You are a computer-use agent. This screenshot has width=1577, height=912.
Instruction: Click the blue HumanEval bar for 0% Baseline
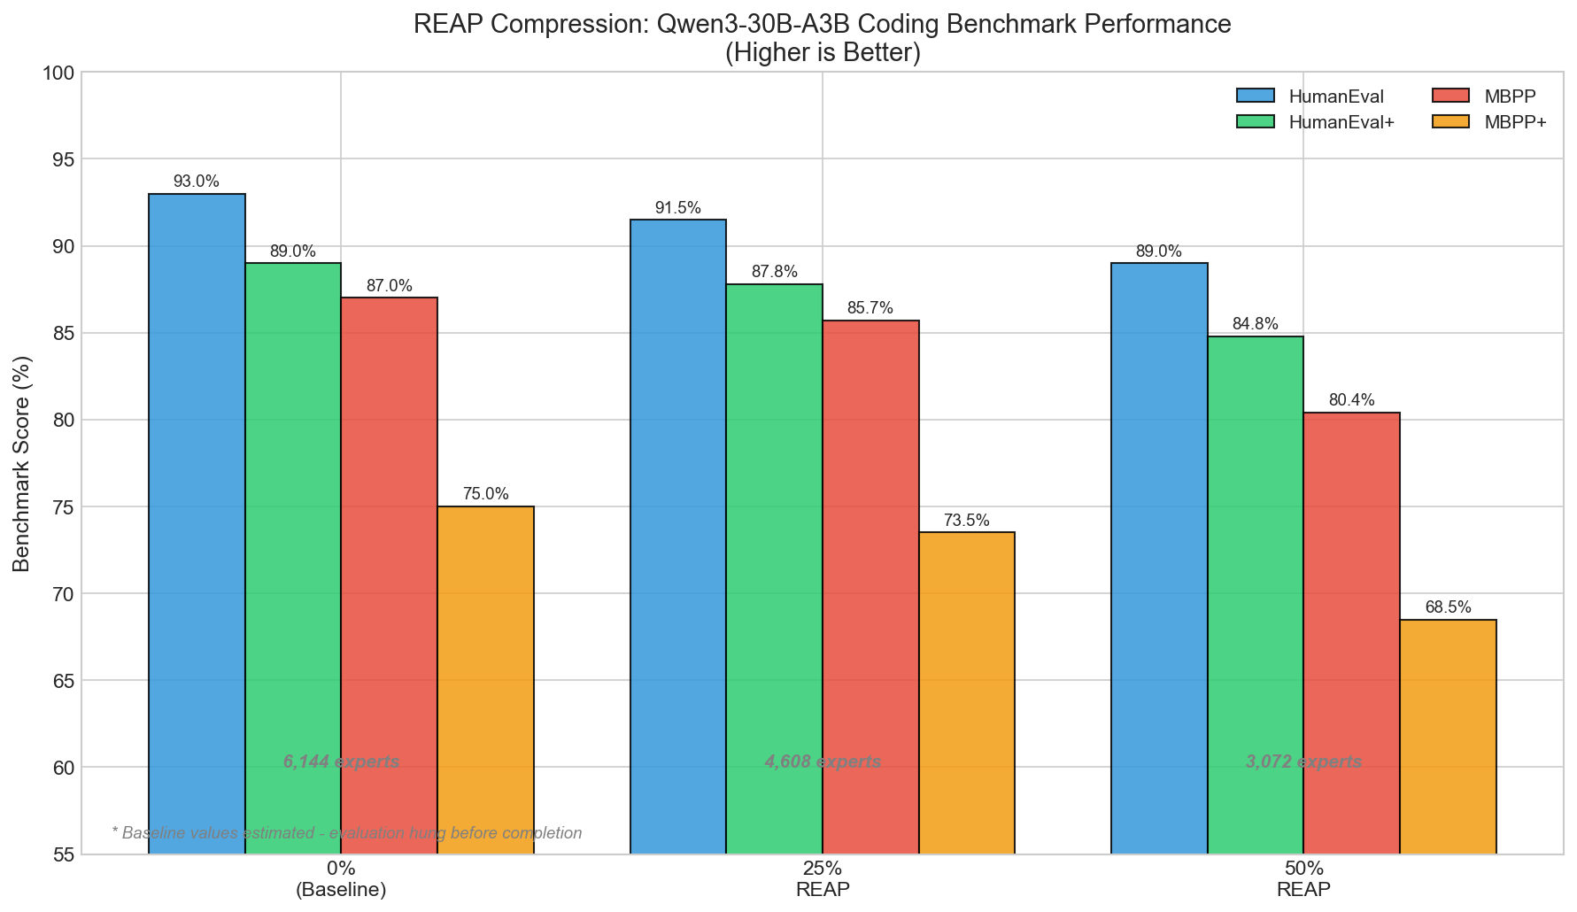click(x=197, y=522)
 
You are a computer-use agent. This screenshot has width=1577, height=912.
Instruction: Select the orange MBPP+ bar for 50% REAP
click(x=1448, y=735)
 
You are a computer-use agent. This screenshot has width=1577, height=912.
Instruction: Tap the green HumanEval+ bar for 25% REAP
click(x=774, y=567)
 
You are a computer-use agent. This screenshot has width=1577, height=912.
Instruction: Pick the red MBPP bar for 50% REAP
click(x=1351, y=633)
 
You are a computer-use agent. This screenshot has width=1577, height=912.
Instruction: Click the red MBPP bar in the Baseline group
click(x=389, y=576)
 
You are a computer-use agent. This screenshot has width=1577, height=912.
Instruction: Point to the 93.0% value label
click(x=196, y=182)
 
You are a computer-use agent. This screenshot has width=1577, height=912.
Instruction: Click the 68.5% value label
click(x=1448, y=607)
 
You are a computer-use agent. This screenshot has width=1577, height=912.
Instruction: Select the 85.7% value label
click(x=870, y=308)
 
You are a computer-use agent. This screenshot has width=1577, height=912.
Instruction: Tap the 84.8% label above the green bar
click(x=1255, y=324)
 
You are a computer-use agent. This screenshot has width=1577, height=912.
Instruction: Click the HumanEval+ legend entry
click(x=1341, y=122)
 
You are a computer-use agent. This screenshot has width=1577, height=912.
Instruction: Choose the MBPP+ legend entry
click(x=1515, y=122)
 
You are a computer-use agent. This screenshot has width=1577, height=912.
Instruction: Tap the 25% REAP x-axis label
click(x=823, y=878)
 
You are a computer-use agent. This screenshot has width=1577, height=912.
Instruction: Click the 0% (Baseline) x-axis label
click(x=341, y=878)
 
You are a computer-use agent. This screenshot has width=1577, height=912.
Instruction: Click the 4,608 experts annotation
click(x=823, y=762)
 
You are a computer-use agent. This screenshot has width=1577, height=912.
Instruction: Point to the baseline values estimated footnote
click(x=347, y=833)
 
